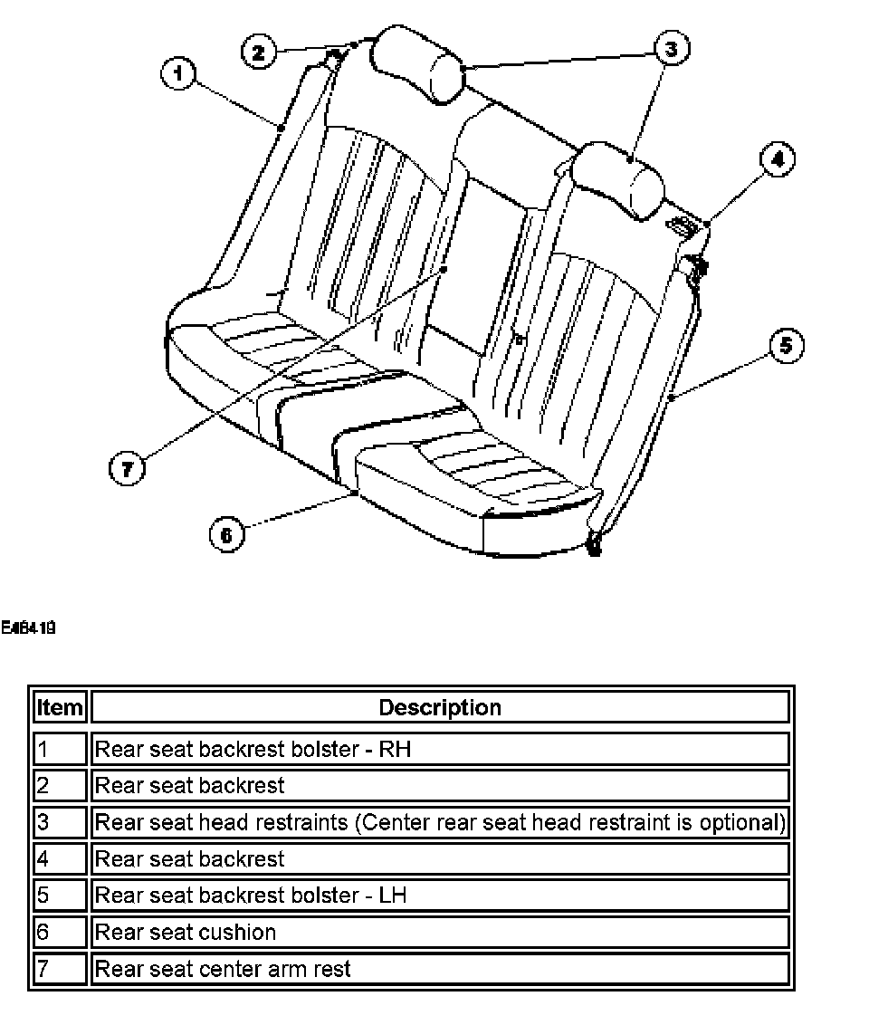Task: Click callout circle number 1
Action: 178,72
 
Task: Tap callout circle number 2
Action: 258,52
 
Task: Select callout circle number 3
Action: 670,49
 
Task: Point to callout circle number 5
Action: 786,345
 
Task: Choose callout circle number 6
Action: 226,534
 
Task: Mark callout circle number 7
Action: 126,468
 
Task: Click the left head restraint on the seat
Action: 421,63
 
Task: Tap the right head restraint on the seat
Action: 620,179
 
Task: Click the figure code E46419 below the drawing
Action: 29,626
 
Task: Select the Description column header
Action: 440,707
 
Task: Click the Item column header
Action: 60,707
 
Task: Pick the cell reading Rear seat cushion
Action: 186,932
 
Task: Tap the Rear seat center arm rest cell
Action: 223,969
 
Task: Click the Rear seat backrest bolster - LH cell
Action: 251,896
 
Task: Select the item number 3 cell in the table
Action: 60,822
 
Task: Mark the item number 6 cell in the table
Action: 60,932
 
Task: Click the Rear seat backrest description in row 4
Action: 190,858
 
